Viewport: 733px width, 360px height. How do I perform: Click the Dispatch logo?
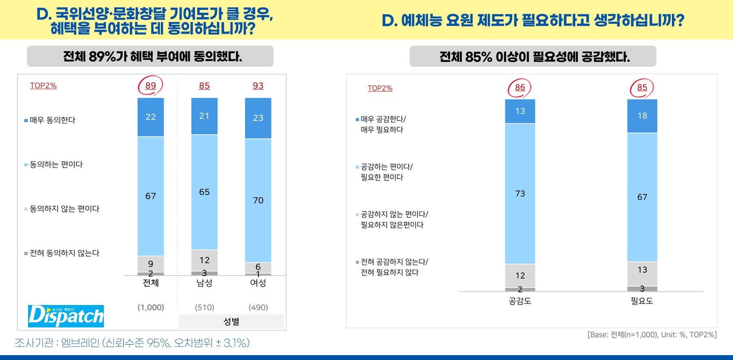coord(66,316)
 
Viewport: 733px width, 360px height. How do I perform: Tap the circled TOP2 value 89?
coord(151,86)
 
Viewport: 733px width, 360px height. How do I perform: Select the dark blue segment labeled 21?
coord(204,116)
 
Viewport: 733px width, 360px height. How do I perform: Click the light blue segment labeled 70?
coord(258,200)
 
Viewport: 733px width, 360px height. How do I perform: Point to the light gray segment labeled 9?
coord(151,263)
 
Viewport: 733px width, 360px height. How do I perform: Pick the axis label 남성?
coord(204,283)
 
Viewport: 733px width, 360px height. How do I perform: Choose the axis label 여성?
coord(258,283)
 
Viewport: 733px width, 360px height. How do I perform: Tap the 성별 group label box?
coord(231,322)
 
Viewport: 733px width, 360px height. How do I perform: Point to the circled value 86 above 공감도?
coord(520,88)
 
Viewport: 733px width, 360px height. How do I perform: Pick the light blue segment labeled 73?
coord(520,193)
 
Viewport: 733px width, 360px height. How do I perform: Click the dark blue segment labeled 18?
coord(642,116)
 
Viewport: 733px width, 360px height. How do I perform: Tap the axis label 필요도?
coord(642,301)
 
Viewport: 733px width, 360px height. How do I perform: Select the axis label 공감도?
coord(520,301)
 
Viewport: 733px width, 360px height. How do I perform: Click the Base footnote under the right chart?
coord(652,335)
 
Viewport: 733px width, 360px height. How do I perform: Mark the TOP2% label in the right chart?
coord(380,88)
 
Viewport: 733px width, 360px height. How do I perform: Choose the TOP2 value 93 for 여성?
coord(258,86)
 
